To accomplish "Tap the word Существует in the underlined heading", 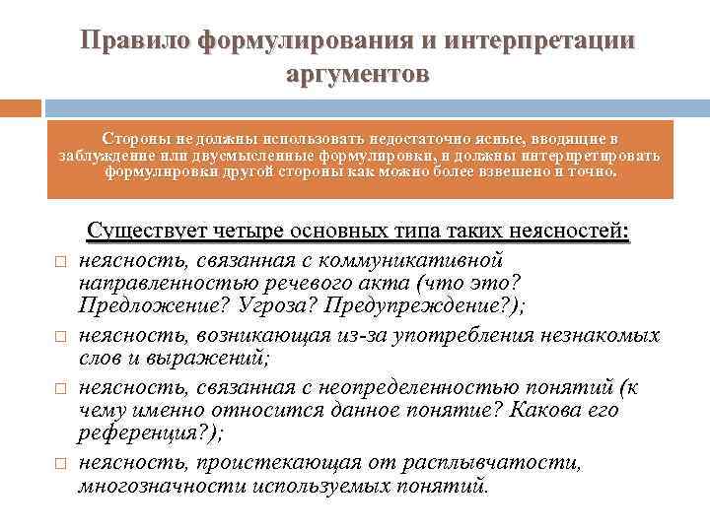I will coord(145,232).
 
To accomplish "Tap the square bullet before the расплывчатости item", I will coord(59,464).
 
